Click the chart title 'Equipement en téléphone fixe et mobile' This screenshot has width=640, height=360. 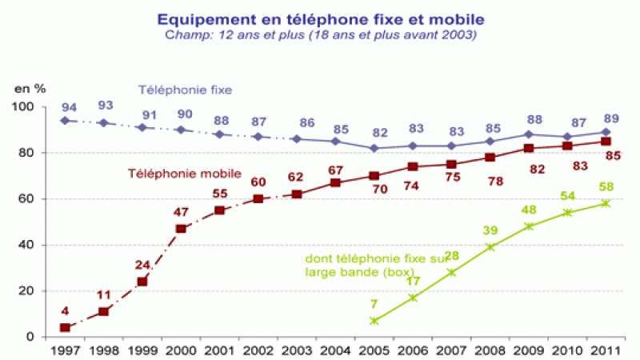point(319,18)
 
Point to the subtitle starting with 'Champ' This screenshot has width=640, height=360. point(319,34)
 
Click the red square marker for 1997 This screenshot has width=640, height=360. point(65,327)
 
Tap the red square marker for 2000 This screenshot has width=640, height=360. point(181,229)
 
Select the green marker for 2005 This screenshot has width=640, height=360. point(374,321)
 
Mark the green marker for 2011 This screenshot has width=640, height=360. point(606,203)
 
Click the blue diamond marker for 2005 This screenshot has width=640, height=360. point(374,148)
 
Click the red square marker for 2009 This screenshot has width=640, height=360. point(529,149)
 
